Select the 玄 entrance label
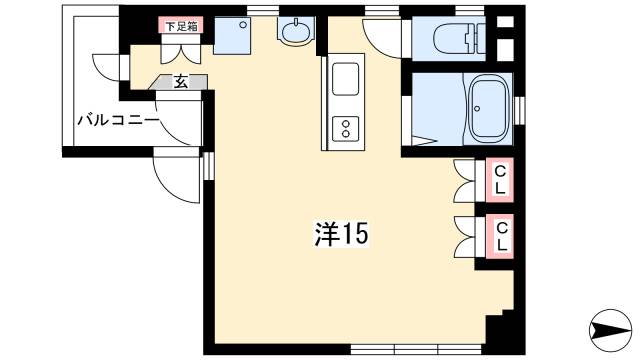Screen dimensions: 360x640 coord(180,83)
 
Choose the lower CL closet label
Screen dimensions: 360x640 coord(500,235)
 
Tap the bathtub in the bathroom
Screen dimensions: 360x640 coord(489,107)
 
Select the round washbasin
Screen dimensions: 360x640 coord(296,33)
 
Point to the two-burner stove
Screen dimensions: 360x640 coord(346,128)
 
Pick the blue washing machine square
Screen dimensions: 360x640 coord(235,36)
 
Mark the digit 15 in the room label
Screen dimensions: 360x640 coord(354,234)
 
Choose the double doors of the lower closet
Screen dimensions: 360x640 coord(466,235)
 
